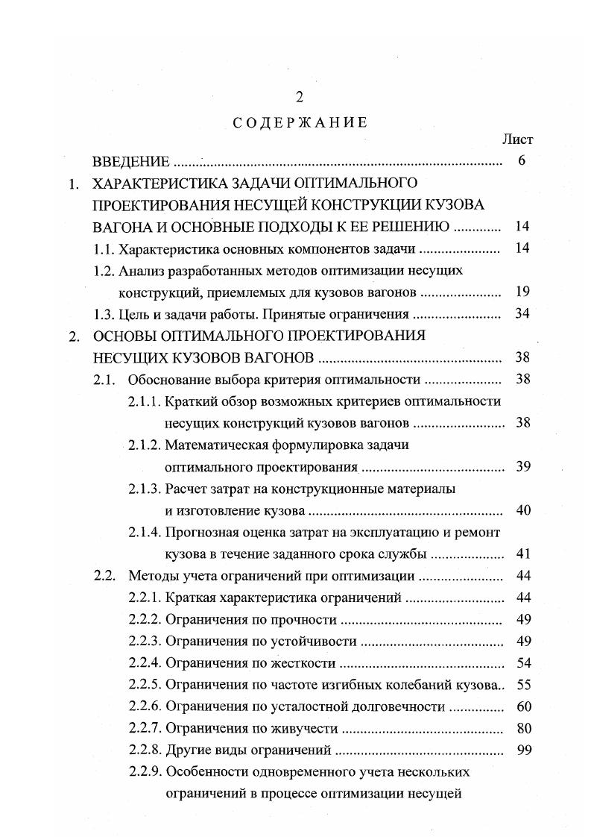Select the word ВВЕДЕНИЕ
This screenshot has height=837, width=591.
[x=131, y=161]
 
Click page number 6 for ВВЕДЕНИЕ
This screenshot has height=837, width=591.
[x=522, y=161]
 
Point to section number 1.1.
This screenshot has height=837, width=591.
[x=104, y=248]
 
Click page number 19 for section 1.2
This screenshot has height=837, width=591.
[x=522, y=292]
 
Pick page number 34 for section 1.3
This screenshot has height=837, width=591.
[x=522, y=313]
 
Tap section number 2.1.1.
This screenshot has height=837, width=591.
[x=145, y=401]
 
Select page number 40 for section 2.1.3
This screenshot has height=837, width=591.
[x=522, y=511]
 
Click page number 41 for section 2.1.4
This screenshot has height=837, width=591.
[x=522, y=554]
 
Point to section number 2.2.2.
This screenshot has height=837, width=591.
[x=145, y=620]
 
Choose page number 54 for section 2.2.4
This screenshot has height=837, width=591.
[x=522, y=663]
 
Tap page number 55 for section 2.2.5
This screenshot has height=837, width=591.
[x=522, y=685]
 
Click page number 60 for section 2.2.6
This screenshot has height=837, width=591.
[x=522, y=706]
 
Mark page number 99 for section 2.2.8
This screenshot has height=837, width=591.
[x=522, y=750]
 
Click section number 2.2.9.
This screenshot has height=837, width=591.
[x=145, y=772]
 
